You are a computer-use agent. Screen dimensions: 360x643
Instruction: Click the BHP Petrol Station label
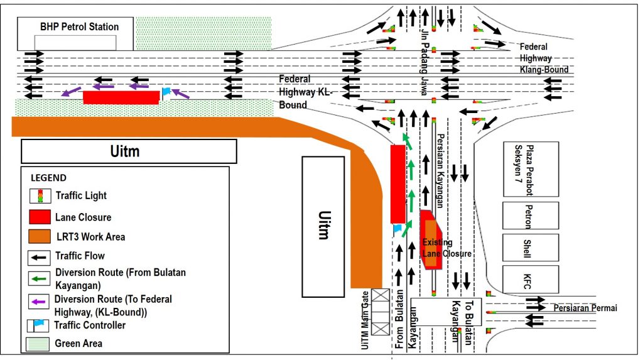(79, 27)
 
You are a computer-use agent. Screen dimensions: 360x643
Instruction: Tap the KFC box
(530, 280)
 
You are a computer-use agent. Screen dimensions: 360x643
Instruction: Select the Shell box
(530, 247)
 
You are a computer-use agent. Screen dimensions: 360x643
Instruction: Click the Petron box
(530, 215)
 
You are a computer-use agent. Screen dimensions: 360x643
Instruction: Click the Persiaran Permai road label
(585, 308)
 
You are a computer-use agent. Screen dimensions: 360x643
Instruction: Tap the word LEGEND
(48, 178)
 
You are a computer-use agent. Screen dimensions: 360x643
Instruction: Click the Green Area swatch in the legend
(39, 344)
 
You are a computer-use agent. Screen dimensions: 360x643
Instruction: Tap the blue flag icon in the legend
(39, 325)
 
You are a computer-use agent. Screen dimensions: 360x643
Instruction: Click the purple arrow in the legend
(39, 302)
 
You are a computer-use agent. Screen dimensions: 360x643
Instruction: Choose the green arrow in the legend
(39, 275)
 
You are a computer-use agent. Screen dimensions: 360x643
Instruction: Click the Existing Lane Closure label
(446, 248)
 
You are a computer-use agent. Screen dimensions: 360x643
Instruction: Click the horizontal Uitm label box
(129, 151)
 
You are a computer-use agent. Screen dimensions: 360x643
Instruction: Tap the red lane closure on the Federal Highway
(121, 97)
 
